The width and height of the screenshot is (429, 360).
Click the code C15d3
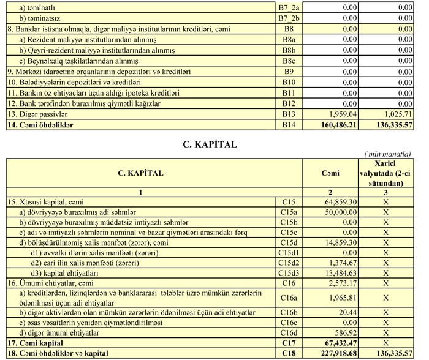[289, 273]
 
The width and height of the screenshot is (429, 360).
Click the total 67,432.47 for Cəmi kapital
[338, 343]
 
